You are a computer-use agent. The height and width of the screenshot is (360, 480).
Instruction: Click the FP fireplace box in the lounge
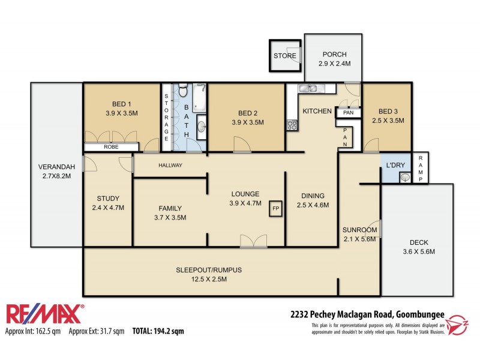(276, 208)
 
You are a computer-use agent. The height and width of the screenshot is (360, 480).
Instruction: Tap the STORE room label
(285, 56)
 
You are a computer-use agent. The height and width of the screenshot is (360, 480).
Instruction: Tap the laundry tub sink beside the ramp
(405, 177)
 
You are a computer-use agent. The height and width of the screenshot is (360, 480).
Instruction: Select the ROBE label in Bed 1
(111, 146)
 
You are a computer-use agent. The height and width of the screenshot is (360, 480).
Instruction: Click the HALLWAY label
(170, 165)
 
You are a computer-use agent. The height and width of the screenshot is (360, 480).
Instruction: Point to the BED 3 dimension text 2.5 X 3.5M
(387, 121)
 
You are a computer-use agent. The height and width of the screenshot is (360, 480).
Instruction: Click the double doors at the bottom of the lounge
(253, 241)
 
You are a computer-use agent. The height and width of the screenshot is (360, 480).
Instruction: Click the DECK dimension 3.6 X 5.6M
(418, 251)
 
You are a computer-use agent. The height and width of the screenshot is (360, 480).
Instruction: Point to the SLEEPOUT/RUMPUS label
(209, 269)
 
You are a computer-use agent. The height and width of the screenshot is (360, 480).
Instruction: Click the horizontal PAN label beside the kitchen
(347, 112)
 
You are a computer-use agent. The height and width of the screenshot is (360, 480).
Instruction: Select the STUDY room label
(108, 199)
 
